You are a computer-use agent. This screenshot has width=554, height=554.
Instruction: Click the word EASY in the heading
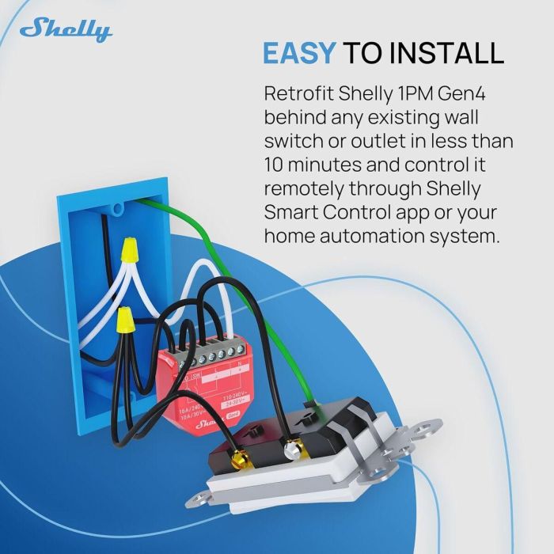tap(299, 53)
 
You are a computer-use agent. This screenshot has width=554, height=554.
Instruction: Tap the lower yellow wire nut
tap(124, 321)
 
